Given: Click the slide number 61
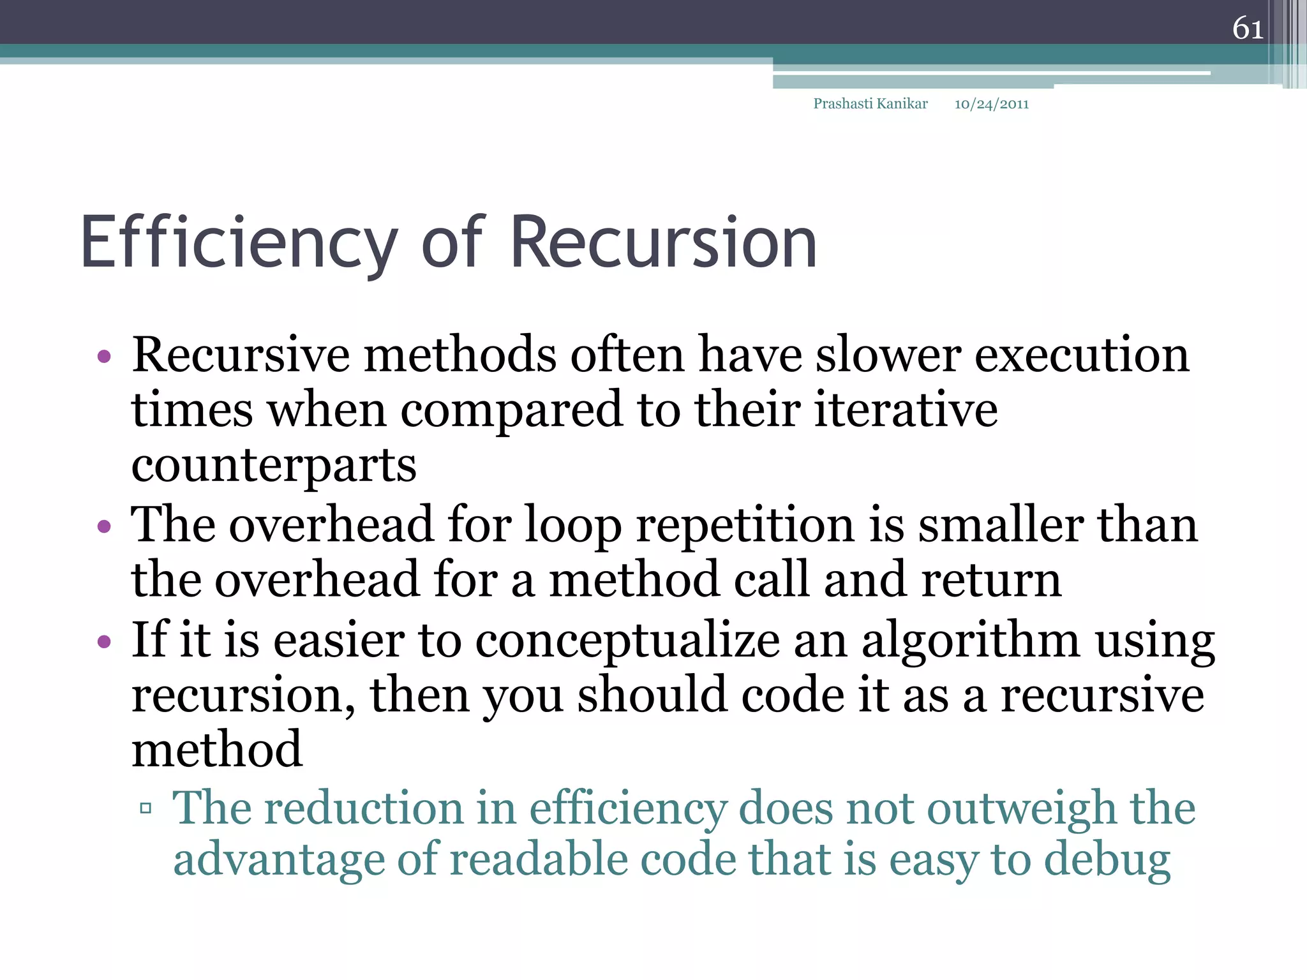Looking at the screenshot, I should [x=1248, y=28].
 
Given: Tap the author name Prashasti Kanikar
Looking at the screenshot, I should [x=870, y=104].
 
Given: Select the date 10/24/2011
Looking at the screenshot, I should [x=991, y=105].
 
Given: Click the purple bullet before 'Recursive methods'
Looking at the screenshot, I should [x=104, y=356].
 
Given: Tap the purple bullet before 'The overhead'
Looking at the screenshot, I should [x=104, y=526].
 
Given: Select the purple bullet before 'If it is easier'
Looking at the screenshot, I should [x=104, y=641].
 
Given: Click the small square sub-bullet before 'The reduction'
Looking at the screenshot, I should [x=146, y=809].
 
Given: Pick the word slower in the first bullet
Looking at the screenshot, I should [x=888, y=355].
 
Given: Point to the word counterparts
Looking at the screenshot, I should [x=274, y=466].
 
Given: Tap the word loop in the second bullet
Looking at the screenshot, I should [x=572, y=526].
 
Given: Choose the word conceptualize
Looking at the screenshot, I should [x=627, y=641].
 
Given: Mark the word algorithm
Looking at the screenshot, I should [x=971, y=641].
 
